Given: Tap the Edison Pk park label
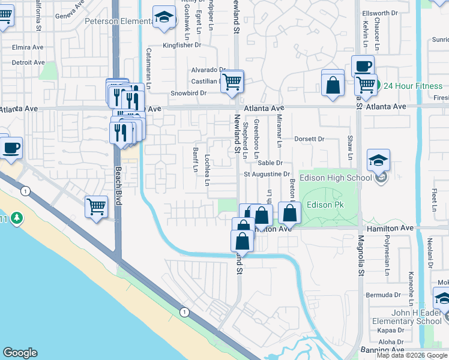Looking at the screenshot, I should click(324, 205).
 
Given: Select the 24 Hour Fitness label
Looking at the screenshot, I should click(413, 86).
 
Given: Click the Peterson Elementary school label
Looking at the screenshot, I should click(118, 21).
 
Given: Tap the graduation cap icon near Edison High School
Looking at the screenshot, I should click(379, 161).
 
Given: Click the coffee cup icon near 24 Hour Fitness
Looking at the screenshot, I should click(362, 66).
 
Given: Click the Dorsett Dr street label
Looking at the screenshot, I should click(309, 139).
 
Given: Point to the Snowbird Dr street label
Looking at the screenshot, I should click(188, 93).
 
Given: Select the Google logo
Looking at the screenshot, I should click(20, 353).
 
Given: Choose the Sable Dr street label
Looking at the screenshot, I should click(270, 163).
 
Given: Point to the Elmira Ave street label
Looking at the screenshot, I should click(28, 47).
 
